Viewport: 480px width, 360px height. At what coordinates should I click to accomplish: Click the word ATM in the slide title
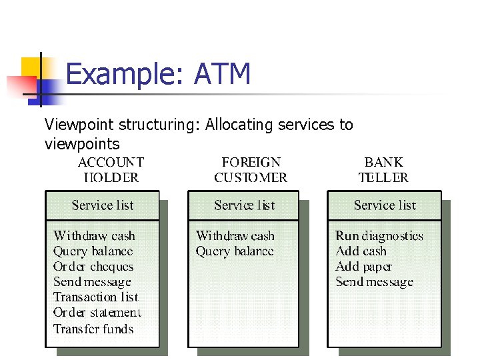pyautogui.click(x=222, y=73)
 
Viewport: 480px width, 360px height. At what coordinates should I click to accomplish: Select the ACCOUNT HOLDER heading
pyautogui.click(x=111, y=169)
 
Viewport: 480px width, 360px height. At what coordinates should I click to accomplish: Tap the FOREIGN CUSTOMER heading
pyautogui.click(x=251, y=169)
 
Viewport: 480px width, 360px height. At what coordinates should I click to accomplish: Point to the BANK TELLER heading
pyautogui.click(x=383, y=169)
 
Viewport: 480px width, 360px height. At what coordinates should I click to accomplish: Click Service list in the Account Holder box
pyautogui.click(x=103, y=205)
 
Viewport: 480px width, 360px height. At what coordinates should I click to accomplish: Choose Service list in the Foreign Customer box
pyautogui.click(x=245, y=205)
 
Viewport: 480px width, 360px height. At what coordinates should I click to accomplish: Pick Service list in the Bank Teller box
pyautogui.click(x=385, y=205)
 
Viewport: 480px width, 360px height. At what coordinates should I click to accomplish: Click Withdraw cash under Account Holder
pyautogui.click(x=94, y=235)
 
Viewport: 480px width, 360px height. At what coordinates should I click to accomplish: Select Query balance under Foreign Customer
pyautogui.click(x=235, y=251)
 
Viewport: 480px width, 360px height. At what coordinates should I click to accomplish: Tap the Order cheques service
pyautogui.click(x=93, y=267)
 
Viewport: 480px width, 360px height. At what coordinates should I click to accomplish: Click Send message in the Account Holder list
pyautogui.click(x=92, y=282)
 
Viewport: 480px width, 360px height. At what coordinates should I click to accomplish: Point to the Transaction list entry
pyautogui.click(x=95, y=297)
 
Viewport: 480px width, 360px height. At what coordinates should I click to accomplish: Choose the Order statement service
pyautogui.click(x=97, y=313)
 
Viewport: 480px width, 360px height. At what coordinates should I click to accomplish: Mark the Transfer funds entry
pyautogui.click(x=93, y=329)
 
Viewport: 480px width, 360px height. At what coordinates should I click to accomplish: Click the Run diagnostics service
pyautogui.click(x=379, y=235)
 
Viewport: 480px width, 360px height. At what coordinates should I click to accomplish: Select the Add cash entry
pyautogui.click(x=361, y=251)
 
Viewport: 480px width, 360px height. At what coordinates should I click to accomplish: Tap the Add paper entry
pyautogui.click(x=363, y=267)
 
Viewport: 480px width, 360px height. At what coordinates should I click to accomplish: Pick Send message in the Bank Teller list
pyautogui.click(x=374, y=282)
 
